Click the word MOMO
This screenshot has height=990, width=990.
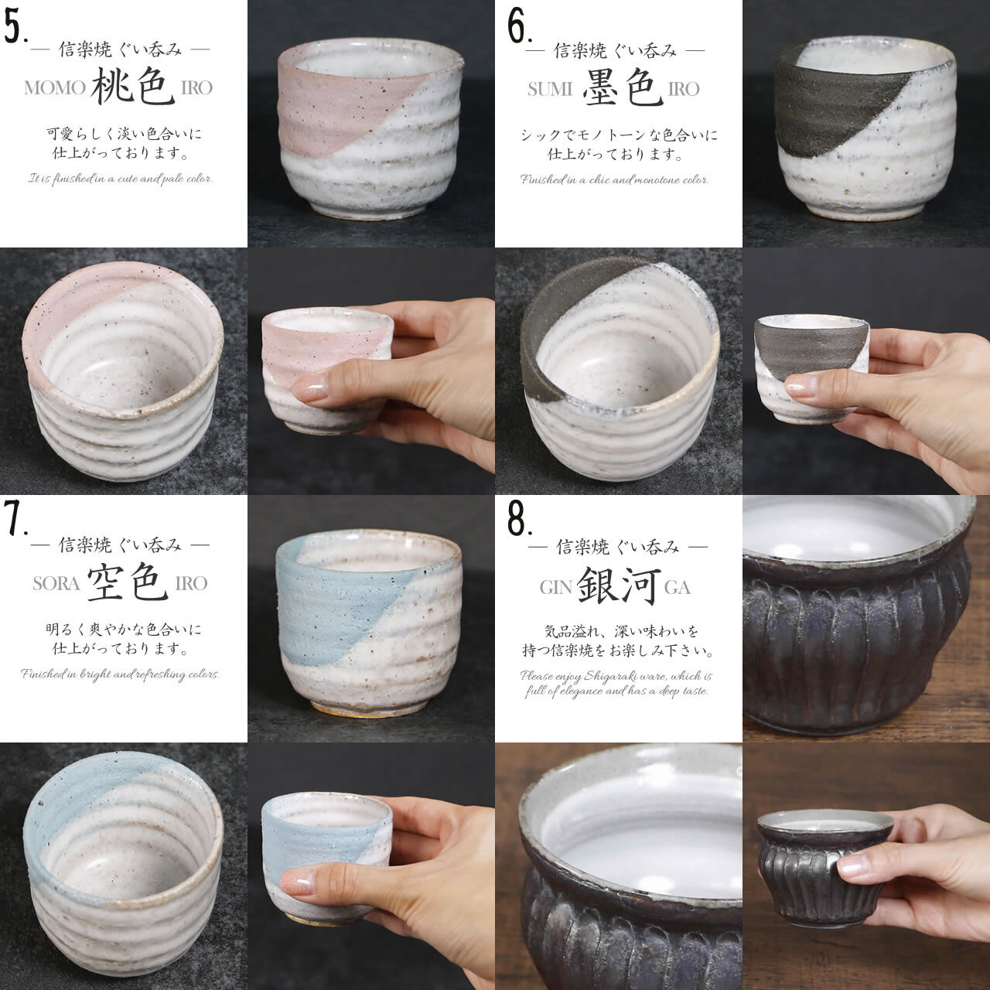(x=54, y=87)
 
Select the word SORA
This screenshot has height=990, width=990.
(x=56, y=583)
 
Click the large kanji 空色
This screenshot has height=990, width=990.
(x=130, y=582)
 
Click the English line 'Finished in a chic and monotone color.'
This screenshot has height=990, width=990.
(x=614, y=180)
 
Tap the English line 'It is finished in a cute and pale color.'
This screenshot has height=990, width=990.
(x=121, y=179)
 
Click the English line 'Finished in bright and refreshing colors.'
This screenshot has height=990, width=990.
(x=121, y=674)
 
